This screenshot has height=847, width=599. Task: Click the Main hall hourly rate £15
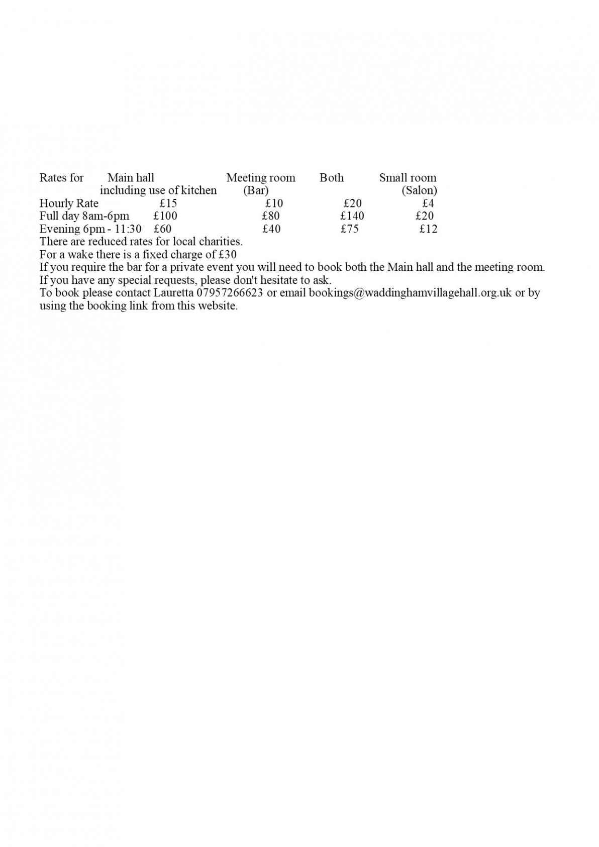[x=168, y=203]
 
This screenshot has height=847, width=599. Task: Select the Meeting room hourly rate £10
[x=274, y=203]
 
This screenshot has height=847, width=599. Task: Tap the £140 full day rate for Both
[x=352, y=216]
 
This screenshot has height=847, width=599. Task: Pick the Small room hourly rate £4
[x=428, y=203]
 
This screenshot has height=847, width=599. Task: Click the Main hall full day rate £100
[x=165, y=216]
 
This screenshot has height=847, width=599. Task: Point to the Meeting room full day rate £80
[x=271, y=216]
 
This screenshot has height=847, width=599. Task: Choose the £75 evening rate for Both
[x=349, y=229]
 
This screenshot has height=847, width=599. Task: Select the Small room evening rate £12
[x=428, y=229]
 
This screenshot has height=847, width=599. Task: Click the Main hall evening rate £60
[x=163, y=229]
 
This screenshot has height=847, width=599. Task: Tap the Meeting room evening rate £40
[x=271, y=229]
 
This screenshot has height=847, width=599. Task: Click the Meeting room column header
[x=261, y=178]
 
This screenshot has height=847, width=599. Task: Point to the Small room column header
[x=408, y=178]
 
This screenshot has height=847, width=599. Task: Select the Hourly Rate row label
[x=69, y=203]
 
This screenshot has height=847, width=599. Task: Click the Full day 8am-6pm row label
[x=84, y=216]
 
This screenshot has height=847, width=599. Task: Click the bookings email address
[x=410, y=293]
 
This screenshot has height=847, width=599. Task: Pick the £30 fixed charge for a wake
[x=228, y=255]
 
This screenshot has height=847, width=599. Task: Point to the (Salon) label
[x=419, y=191]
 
